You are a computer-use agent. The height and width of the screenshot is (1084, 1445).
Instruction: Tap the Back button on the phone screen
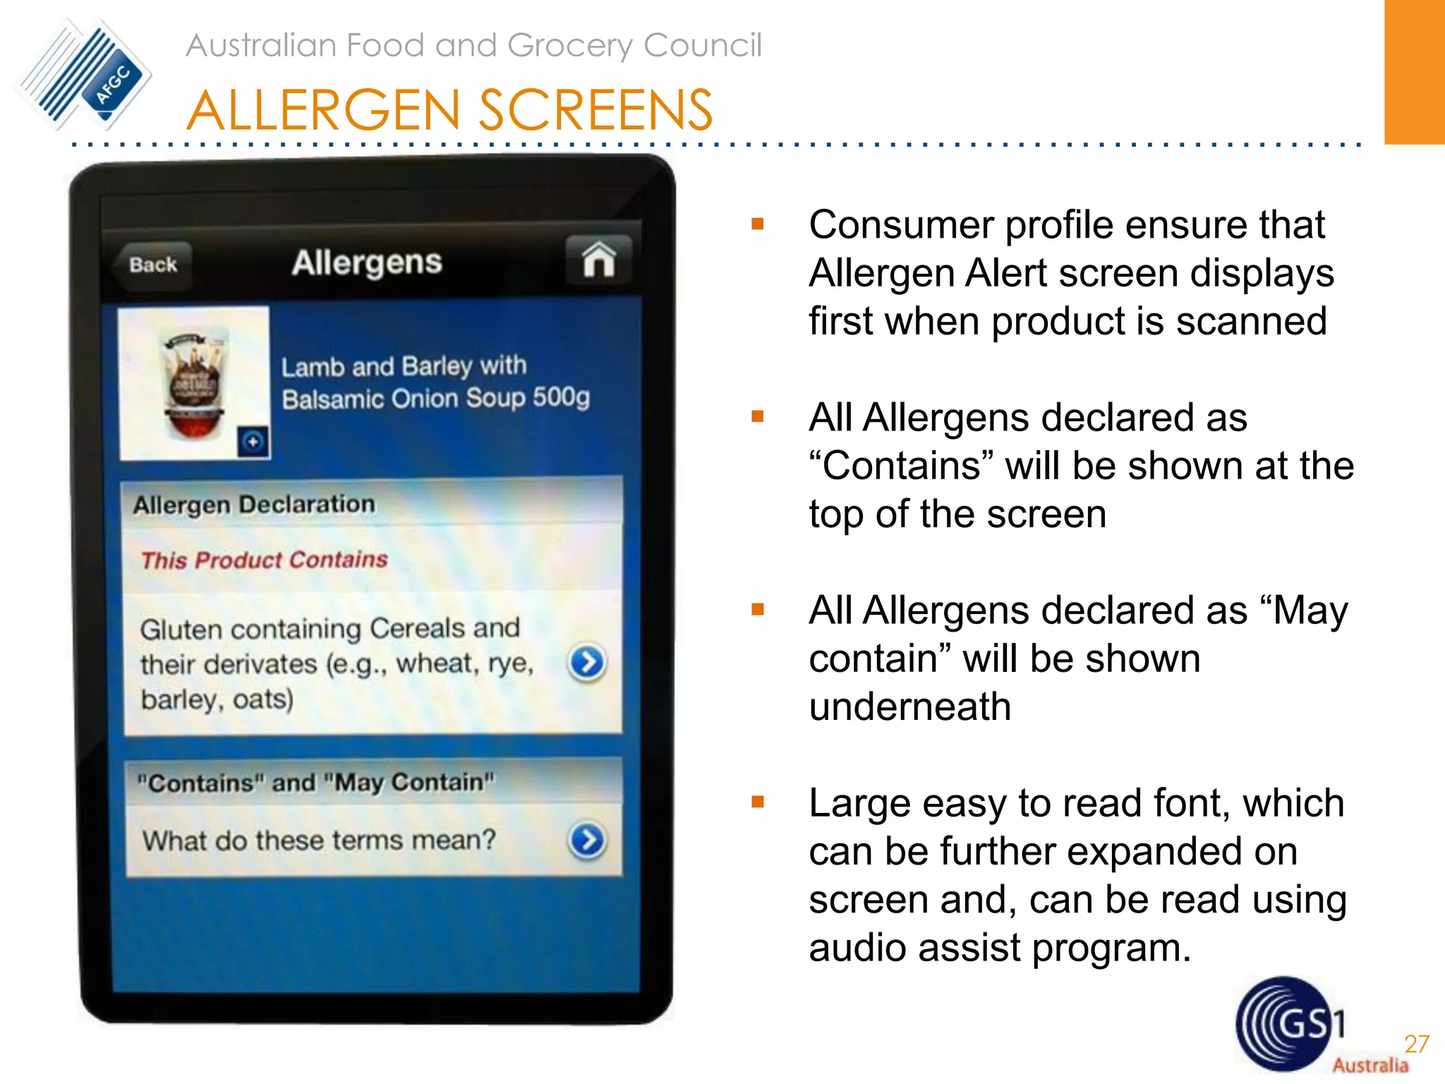point(152,265)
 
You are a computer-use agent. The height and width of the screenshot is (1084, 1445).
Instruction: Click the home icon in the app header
point(598,260)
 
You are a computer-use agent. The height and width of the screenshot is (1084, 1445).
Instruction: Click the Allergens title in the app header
point(367,263)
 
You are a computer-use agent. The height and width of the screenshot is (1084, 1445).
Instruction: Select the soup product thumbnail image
point(194,383)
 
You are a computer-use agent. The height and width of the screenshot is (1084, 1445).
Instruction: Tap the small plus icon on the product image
point(253,442)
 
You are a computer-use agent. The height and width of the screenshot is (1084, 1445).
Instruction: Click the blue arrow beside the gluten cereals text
point(587,663)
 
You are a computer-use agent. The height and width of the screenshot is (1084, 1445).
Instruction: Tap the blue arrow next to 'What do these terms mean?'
point(587,840)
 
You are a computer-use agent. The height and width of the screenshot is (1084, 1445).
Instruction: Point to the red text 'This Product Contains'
point(265,560)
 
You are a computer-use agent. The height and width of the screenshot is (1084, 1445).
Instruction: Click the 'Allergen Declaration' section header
point(254,505)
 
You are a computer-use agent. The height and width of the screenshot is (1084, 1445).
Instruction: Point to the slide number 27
point(1416,1044)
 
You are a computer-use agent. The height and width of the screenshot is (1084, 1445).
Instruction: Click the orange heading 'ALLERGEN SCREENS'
point(449,111)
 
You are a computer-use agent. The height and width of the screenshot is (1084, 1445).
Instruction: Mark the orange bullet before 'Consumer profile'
point(758,224)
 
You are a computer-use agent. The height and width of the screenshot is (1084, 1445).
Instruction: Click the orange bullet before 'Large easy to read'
point(758,802)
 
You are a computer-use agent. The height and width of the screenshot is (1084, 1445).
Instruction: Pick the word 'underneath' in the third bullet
point(910,707)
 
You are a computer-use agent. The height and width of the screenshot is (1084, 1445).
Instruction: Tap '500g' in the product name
point(561,397)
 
